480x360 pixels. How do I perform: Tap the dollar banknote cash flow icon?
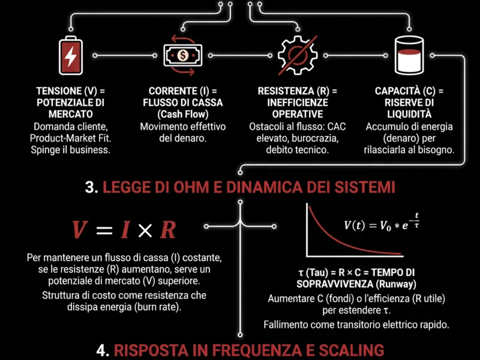tap(182, 55)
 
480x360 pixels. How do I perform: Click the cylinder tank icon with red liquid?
tap(409, 55)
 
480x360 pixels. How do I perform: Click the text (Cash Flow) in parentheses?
tap(182, 114)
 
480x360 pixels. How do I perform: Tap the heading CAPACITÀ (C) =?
tap(409, 91)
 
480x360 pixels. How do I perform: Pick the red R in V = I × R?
tap(169, 229)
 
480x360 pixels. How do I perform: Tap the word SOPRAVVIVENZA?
tap(334, 283)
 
